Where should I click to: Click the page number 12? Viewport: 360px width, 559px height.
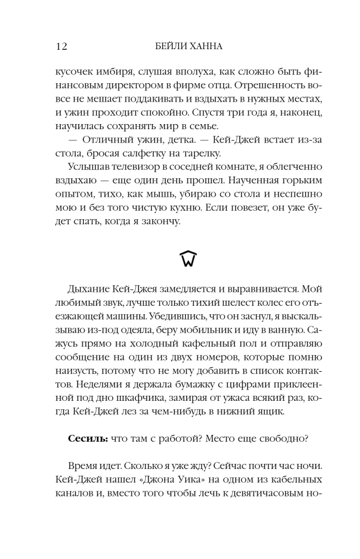pos(61,47)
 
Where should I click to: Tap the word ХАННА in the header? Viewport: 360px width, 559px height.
pos(205,47)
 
